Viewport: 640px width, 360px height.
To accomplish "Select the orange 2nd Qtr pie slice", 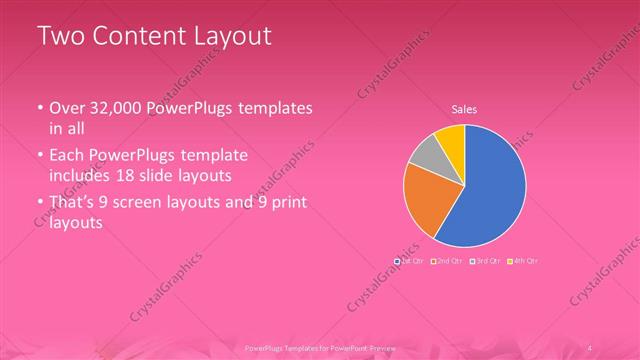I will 426,199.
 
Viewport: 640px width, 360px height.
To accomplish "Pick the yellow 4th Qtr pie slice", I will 451,138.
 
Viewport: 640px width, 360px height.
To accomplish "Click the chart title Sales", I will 464,108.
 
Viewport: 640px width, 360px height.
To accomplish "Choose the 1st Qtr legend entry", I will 410,260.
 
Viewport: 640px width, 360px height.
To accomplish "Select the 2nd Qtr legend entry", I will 447,260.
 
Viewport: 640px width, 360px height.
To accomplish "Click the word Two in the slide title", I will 59,37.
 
